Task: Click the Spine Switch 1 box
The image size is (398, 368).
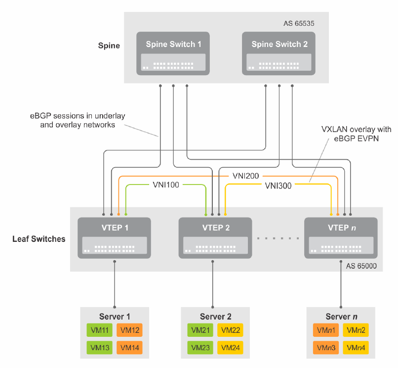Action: [x=173, y=53]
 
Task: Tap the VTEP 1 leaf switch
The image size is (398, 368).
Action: [x=115, y=237]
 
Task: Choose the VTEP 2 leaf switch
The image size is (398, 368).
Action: [x=215, y=237]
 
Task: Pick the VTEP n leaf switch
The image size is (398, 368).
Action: [x=341, y=237]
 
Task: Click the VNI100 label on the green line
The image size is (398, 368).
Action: [x=166, y=186]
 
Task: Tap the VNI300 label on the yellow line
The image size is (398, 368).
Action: [x=278, y=186]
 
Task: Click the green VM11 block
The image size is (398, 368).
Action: [x=101, y=330]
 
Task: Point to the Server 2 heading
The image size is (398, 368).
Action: [x=215, y=317]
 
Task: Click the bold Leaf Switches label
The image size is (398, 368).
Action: [x=39, y=239]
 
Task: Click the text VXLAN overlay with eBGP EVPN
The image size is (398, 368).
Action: [x=356, y=134]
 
